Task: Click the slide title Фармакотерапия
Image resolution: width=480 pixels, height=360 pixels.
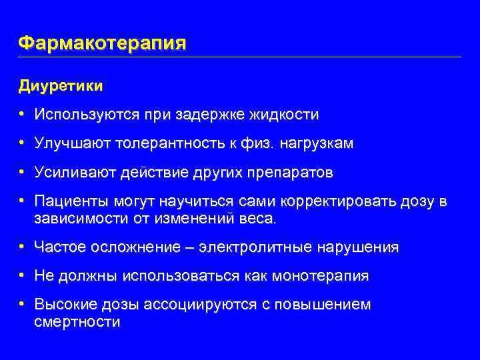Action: click(102, 44)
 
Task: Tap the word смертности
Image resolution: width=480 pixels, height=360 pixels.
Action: click(77, 322)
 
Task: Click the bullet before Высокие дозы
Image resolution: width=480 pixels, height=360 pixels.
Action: click(23, 305)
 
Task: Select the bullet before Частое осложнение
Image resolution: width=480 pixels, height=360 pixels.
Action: click(23, 247)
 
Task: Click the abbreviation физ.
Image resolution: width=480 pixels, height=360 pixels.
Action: click(263, 143)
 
